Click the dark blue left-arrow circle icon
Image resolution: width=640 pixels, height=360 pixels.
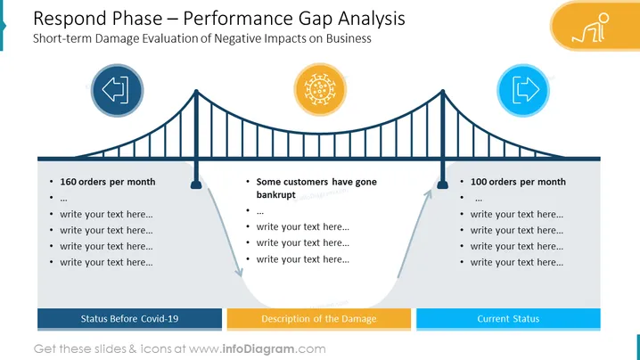pos(117,90)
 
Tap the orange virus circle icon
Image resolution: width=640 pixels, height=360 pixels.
pos(320,89)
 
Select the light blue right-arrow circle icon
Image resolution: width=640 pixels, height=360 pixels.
pos(523,90)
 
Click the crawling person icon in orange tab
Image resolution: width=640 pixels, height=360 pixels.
pos(591,28)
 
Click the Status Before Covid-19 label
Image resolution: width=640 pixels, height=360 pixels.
pos(129,319)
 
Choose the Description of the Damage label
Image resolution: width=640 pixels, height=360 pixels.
pos(319,319)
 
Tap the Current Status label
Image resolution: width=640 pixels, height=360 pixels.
pos(508,319)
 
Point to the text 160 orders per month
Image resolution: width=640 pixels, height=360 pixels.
pos(108,182)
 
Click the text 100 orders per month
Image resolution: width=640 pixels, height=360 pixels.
pos(518,182)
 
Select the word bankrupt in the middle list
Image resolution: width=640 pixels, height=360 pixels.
pos(276,194)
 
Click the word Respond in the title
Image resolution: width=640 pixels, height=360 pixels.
pos(70,19)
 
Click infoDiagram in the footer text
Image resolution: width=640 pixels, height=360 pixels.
pos(258,349)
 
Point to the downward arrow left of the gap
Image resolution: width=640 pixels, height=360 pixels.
pos(225,233)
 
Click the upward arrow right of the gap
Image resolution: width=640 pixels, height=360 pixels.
pos(414,233)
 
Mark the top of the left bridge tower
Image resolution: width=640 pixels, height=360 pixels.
pos(196,92)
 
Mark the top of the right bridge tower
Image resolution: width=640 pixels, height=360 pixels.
pos(443,92)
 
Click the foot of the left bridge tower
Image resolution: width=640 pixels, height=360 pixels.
pos(196,184)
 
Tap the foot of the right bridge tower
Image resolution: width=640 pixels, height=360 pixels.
pos(443,184)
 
